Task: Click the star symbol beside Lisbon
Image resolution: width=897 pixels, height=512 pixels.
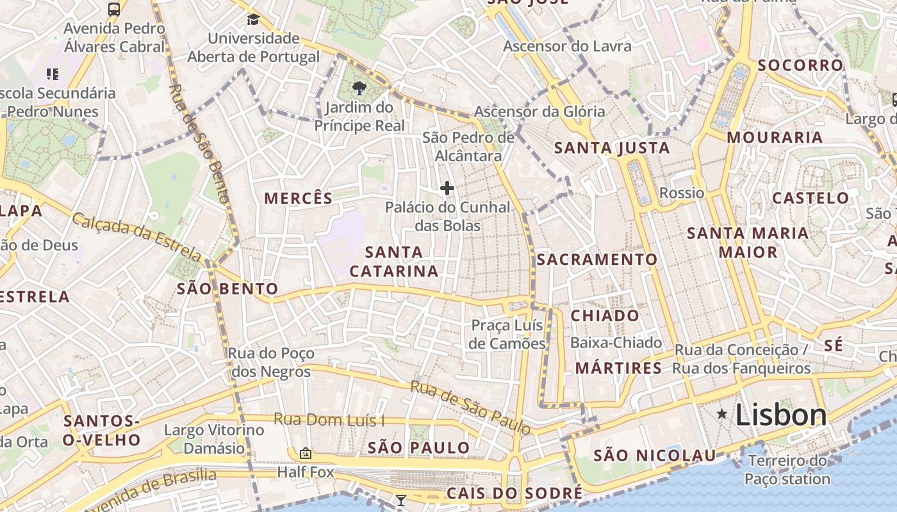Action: [x=722, y=415]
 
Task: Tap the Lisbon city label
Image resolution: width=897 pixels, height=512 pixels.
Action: [x=781, y=415]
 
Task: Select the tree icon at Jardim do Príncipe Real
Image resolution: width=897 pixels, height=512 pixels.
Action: [x=359, y=88]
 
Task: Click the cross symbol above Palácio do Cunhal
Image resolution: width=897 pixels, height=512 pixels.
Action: [x=447, y=188]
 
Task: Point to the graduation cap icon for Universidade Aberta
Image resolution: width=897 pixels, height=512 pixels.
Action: [x=253, y=19]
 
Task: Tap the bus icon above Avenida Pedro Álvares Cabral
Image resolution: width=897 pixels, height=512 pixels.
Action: [x=114, y=9]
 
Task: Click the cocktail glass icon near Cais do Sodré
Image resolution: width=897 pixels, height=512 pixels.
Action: [x=401, y=500]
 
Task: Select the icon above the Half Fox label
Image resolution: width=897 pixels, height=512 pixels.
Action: [x=306, y=453]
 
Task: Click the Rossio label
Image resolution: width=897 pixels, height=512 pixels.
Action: [x=682, y=193]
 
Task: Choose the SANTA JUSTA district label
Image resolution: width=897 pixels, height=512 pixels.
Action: [x=612, y=148]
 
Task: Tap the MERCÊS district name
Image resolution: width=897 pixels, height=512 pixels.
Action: [x=299, y=198]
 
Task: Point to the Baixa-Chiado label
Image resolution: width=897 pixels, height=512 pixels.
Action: [x=616, y=343]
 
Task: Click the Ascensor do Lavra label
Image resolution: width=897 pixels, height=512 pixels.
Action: [x=567, y=46]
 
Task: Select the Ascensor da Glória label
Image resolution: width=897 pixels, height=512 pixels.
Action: [x=539, y=111]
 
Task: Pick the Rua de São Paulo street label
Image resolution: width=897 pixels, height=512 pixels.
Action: [x=470, y=407]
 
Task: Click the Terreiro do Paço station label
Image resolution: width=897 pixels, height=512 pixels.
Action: [x=787, y=470]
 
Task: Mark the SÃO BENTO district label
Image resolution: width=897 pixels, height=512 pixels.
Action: [x=227, y=289]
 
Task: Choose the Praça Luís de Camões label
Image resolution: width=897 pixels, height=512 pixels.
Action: [x=507, y=335]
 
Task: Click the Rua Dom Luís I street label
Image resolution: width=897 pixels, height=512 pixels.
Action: [x=329, y=420]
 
